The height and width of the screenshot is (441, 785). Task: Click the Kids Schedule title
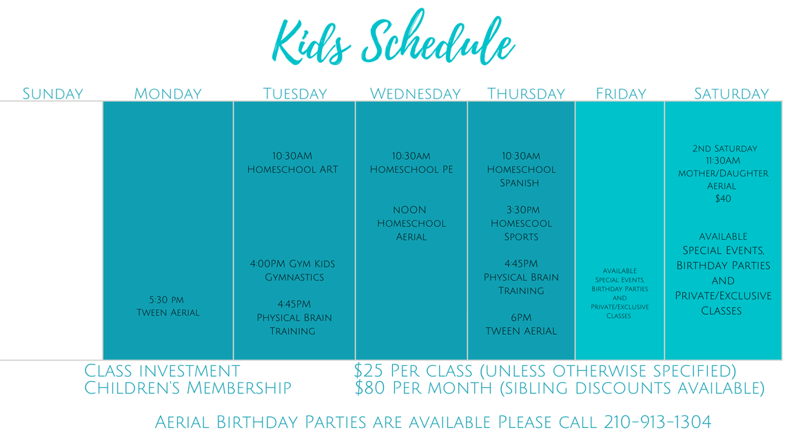pyautogui.click(x=393, y=37)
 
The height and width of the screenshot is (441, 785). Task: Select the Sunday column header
pyautogui.click(x=53, y=94)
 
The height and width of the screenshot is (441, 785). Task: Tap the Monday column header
pyautogui.click(x=167, y=94)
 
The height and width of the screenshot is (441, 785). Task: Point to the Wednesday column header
pyautogui.click(x=415, y=94)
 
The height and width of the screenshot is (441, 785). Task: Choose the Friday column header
pyautogui.click(x=621, y=94)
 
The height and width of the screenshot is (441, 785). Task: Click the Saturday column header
pyautogui.click(x=731, y=94)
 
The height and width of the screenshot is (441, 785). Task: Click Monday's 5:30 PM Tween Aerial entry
pyautogui.click(x=167, y=307)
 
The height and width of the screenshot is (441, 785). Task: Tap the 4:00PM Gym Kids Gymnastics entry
pyautogui.click(x=294, y=270)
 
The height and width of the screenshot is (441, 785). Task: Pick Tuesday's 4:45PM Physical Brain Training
pyautogui.click(x=294, y=318)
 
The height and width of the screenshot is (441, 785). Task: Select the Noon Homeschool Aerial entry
pyautogui.click(x=411, y=223)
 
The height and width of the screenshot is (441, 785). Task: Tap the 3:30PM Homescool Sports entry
pyautogui.click(x=521, y=223)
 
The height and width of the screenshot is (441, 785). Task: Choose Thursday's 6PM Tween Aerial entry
pyautogui.click(x=520, y=325)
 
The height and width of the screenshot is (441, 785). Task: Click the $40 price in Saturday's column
pyautogui.click(x=723, y=198)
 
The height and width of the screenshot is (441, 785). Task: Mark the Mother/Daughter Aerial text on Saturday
pyautogui.click(x=723, y=179)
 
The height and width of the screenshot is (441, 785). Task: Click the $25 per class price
pyautogui.click(x=413, y=371)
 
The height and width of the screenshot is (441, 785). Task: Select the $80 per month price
pyautogui.click(x=423, y=388)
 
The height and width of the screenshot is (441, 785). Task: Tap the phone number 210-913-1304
pyautogui.click(x=657, y=422)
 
